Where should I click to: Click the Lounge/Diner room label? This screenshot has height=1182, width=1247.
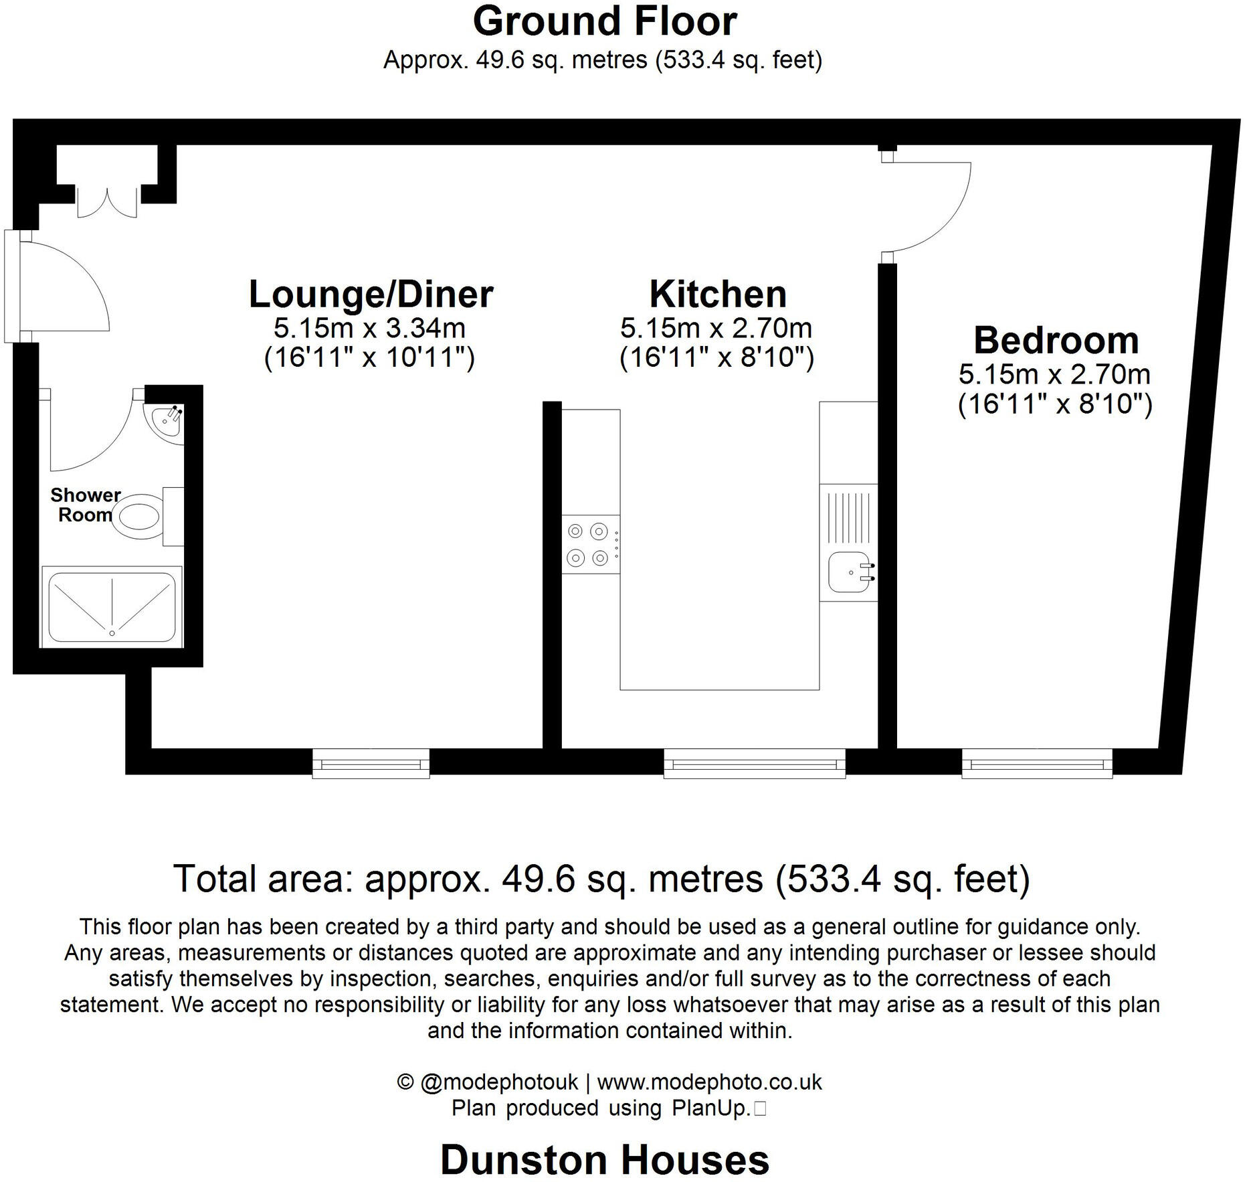[x=371, y=294]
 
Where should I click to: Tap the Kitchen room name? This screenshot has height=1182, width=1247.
[x=717, y=294]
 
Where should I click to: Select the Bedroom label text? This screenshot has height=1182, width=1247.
[x=1055, y=341]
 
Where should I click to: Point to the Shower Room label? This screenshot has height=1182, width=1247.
[x=85, y=505]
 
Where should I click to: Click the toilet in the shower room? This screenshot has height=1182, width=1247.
[x=139, y=517]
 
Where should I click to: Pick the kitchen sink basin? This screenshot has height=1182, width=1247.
[x=848, y=573]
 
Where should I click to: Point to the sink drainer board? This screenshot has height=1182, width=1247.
[x=848, y=517]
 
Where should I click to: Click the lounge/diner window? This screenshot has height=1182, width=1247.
[x=371, y=763]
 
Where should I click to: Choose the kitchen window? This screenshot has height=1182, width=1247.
[x=754, y=763]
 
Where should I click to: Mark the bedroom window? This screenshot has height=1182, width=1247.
[x=1036, y=763]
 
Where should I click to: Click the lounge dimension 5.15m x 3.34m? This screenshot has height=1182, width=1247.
[x=369, y=329]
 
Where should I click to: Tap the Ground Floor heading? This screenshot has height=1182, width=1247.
[x=605, y=21]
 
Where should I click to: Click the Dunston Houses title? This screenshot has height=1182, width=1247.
[x=605, y=1160]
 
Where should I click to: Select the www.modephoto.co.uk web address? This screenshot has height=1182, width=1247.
[x=709, y=1082]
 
